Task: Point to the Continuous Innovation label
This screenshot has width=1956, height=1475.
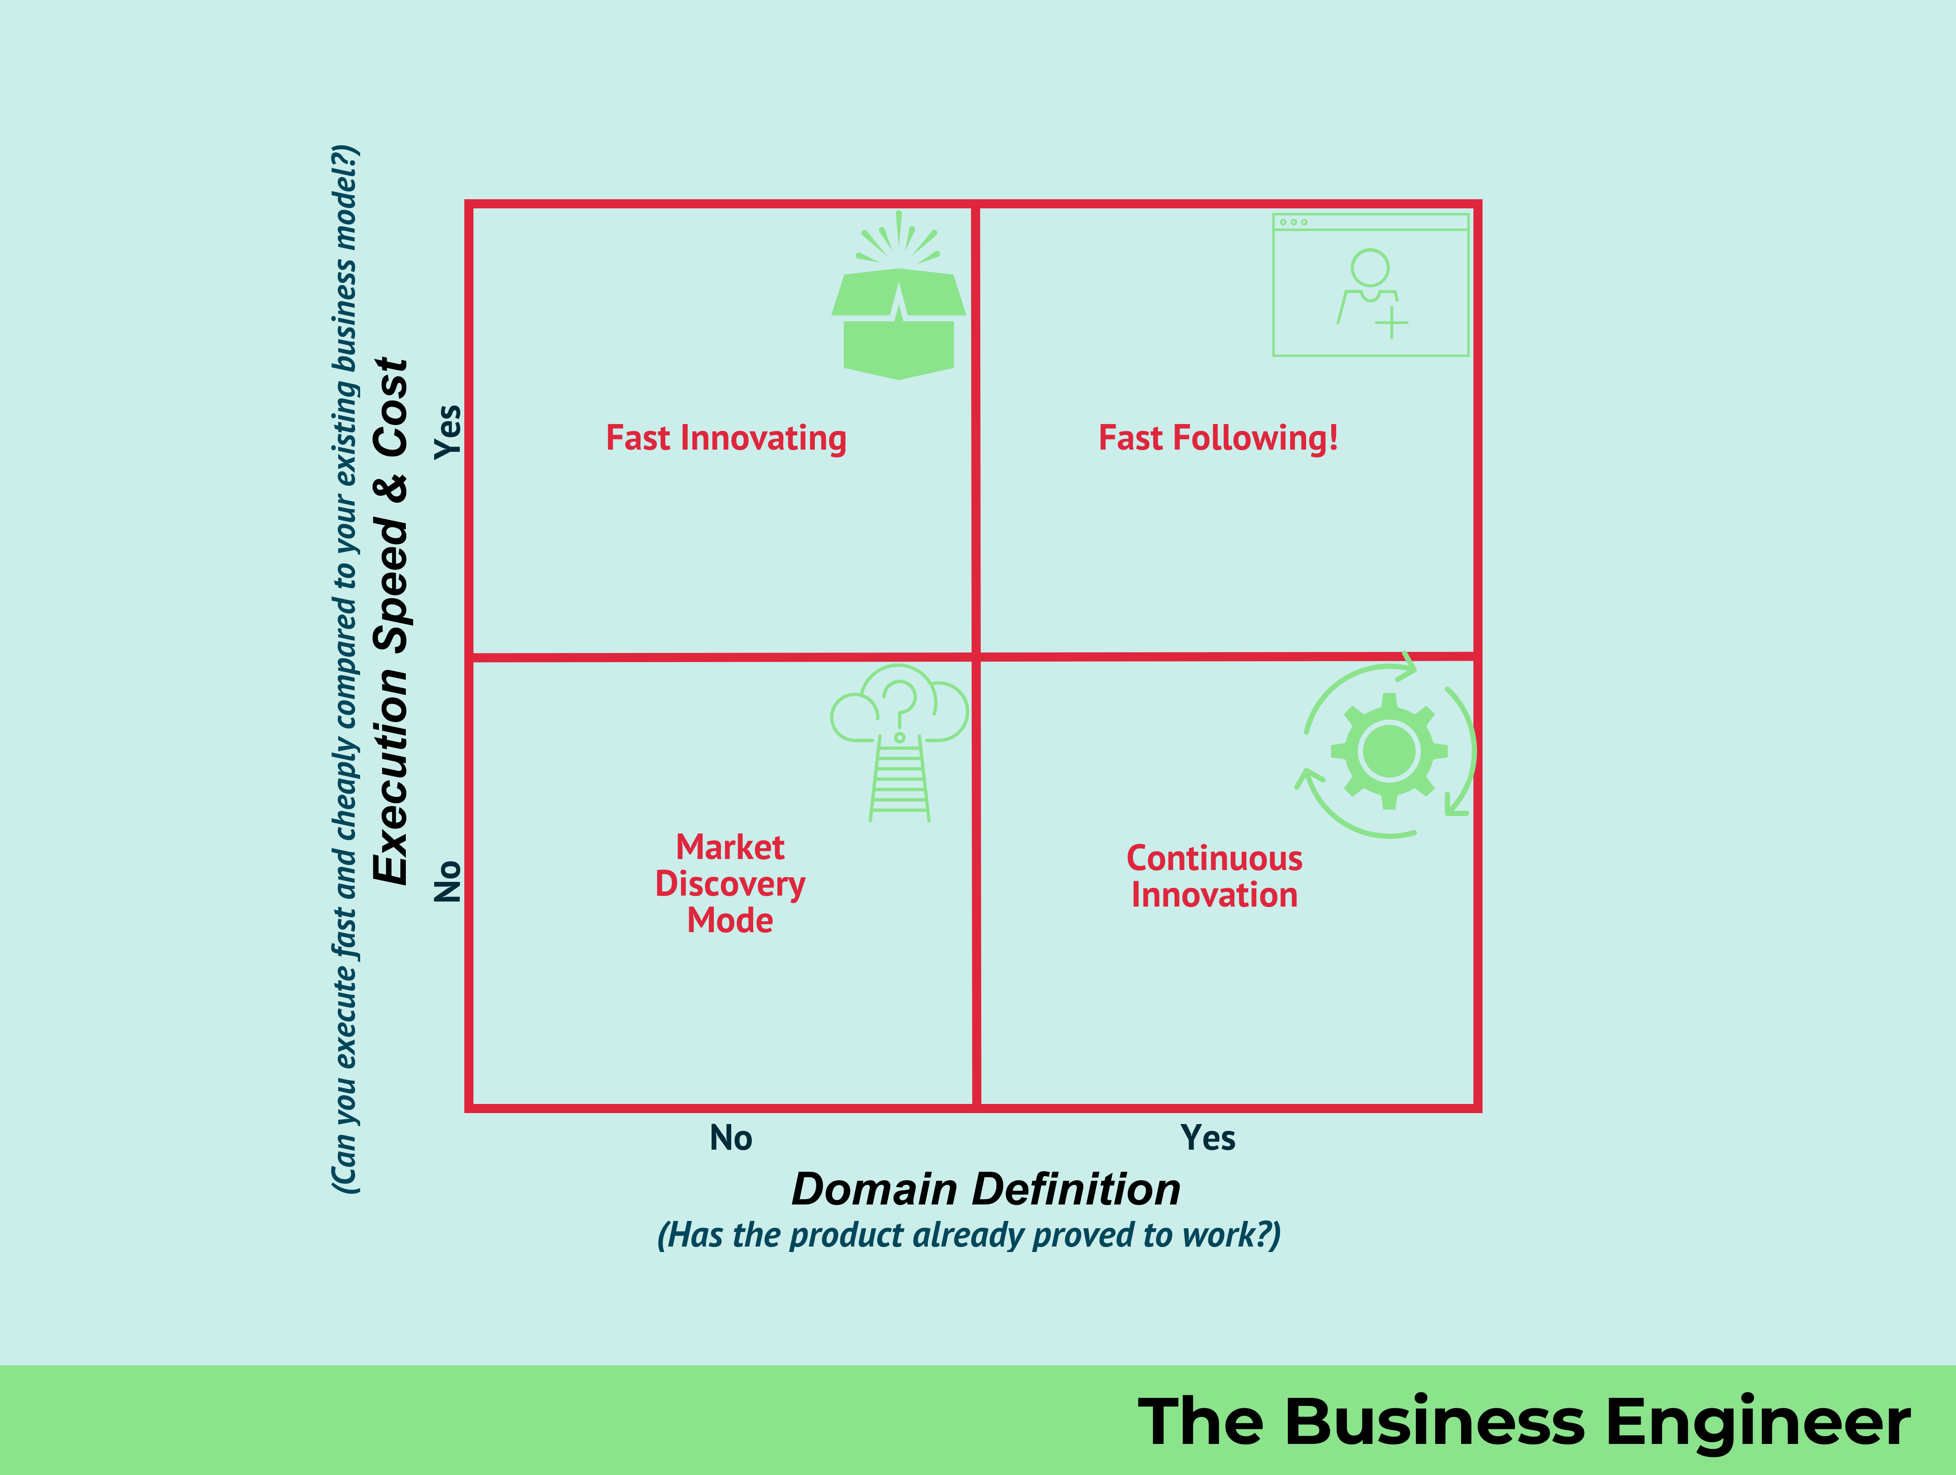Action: click(1214, 876)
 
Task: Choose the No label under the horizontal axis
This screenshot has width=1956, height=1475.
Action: click(730, 1138)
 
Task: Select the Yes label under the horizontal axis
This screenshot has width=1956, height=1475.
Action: click(1208, 1138)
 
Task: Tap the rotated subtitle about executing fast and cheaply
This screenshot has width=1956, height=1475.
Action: click(345, 669)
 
